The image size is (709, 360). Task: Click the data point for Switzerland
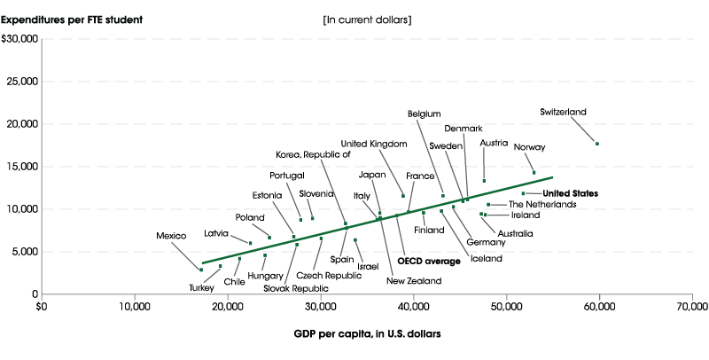pyautogui.click(x=597, y=144)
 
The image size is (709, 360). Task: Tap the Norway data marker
pyautogui.click(x=534, y=173)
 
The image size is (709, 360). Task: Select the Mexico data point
pyautogui.click(x=201, y=270)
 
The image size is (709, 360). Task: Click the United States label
pyautogui.click(x=570, y=193)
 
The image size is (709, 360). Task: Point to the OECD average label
pyautogui.click(x=429, y=261)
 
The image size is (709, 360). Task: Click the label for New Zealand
pyautogui.click(x=413, y=281)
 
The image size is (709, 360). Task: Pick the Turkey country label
pyautogui.click(x=201, y=287)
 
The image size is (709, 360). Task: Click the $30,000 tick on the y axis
pyautogui.click(x=20, y=39)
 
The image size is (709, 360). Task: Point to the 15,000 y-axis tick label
pyautogui.click(x=20, y=167)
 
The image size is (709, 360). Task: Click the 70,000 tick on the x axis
pyautogui.click(x=691, y=307)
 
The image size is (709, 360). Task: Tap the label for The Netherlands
pyautogui.click(x=541, y=205)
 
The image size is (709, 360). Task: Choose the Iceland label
pyautogui.click(x=486, y=259)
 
